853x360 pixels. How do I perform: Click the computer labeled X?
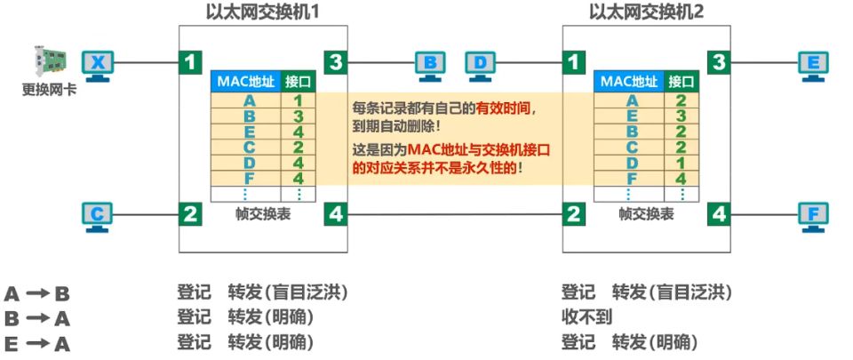98,64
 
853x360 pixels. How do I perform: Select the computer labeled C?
97,216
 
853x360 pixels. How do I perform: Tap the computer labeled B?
430,64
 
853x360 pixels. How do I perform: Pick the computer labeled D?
481,64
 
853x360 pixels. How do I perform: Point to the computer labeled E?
813,64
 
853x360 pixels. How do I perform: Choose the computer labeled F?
813,216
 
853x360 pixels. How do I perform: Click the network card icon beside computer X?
50,61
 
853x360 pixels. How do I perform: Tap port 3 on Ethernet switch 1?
334,61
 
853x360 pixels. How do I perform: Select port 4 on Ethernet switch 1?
334,213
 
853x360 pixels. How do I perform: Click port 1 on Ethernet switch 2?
576,61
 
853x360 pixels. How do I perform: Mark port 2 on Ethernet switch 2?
576,213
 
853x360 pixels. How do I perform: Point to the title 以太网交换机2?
641,12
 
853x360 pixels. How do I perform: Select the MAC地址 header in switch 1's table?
244,82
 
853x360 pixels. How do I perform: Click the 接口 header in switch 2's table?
681,82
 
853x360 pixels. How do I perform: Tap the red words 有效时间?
506,108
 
